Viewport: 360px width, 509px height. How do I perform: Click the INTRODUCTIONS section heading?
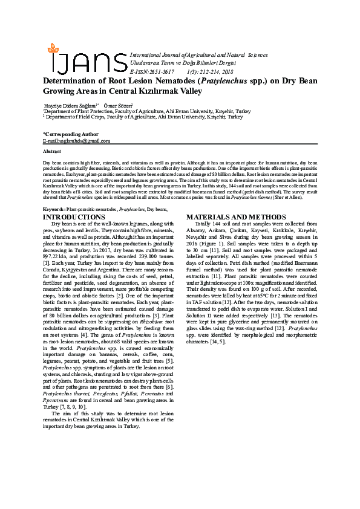pos(74,217)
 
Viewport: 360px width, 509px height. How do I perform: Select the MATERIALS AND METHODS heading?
pos(232,217)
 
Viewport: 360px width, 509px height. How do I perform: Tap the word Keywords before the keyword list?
pos(54,209)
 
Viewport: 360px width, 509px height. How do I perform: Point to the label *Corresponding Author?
pos(70,134)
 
